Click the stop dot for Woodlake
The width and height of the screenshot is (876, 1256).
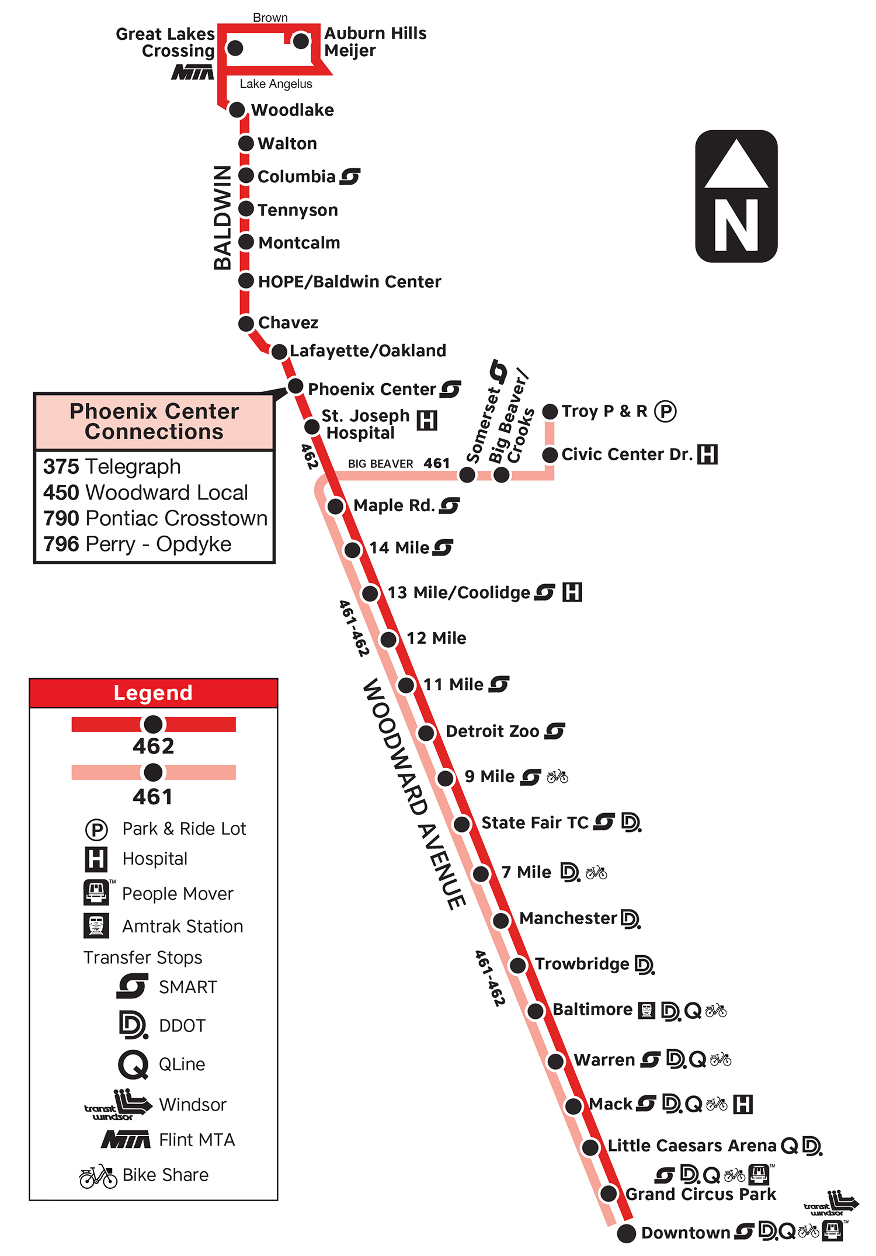click(237, 110)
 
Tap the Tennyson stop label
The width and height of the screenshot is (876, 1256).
click(297, 210)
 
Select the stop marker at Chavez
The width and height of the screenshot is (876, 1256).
click(246, 323)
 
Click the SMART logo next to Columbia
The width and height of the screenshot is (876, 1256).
click(350, 176)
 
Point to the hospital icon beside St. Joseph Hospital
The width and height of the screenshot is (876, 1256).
click(427, 420)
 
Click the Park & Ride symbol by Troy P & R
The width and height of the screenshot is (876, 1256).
click(665, 411)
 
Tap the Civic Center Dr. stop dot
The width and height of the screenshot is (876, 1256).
click(550, 454)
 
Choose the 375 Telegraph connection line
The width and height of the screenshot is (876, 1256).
click(112, 467)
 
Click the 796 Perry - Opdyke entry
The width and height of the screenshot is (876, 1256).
click(137, 544)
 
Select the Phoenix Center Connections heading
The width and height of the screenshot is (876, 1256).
click(154, 421)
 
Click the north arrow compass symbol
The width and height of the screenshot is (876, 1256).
click(736, 196)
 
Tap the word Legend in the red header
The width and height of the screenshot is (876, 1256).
click(153, 693)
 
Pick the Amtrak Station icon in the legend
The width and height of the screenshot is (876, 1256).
click(96, 926)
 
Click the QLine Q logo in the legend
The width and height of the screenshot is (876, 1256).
click(133, 1064)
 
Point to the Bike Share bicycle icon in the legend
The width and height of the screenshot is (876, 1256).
click(98, 1175)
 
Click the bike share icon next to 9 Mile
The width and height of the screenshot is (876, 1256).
click(557, 776)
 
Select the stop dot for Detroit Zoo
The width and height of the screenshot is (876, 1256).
click(426, 732)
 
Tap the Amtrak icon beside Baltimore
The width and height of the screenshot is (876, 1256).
click(646, 1010)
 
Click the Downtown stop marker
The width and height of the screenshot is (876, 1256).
click(626, 1233)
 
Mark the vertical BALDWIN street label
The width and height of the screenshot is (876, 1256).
click(223, 217)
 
